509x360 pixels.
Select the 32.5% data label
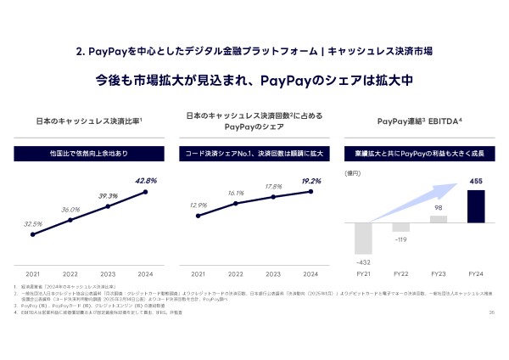pos(33,223)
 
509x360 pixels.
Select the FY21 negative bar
pos(364,238)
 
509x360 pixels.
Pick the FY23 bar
pos(439,219)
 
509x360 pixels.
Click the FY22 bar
pos(401,228)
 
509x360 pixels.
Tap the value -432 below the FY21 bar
pos(364,261)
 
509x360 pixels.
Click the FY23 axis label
pos(439,274)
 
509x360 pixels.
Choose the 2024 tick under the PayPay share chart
pos(310,274)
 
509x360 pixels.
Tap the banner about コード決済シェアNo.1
pos(254,155)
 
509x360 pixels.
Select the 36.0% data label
pos(70,209)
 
